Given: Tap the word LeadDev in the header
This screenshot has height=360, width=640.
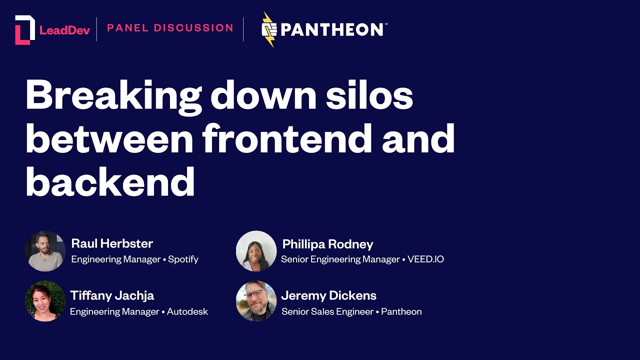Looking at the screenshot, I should [x=64, y=30].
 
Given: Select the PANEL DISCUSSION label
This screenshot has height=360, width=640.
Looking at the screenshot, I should [x=170, y=28].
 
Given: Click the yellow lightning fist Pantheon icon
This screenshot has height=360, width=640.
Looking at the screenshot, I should [x=269, y=29].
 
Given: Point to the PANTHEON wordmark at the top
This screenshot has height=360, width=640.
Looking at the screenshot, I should [x=332, y=29].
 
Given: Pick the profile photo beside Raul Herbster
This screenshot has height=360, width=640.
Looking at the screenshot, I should [x=45, y=251].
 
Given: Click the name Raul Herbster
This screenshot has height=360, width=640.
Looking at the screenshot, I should [x=112, y=243].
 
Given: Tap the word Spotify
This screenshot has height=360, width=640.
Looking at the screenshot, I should [x=183, y=259].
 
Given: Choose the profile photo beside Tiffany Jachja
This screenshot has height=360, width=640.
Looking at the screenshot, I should [x=45, y=301].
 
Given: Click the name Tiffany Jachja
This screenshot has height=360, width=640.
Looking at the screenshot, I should [x=112, y=295].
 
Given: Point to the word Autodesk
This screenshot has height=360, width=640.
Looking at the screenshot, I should [x=187, y=311].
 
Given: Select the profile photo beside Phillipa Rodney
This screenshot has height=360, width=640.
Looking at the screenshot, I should [x=256, y=251].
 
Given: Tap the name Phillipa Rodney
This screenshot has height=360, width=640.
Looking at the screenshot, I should [x=327, y=244].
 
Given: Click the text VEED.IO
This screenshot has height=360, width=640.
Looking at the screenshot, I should [x=426, y=259].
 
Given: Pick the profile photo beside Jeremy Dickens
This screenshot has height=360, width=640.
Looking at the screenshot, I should [x=256, y=301].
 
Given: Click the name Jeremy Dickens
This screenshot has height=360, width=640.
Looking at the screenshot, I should [x=328, y=295].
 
